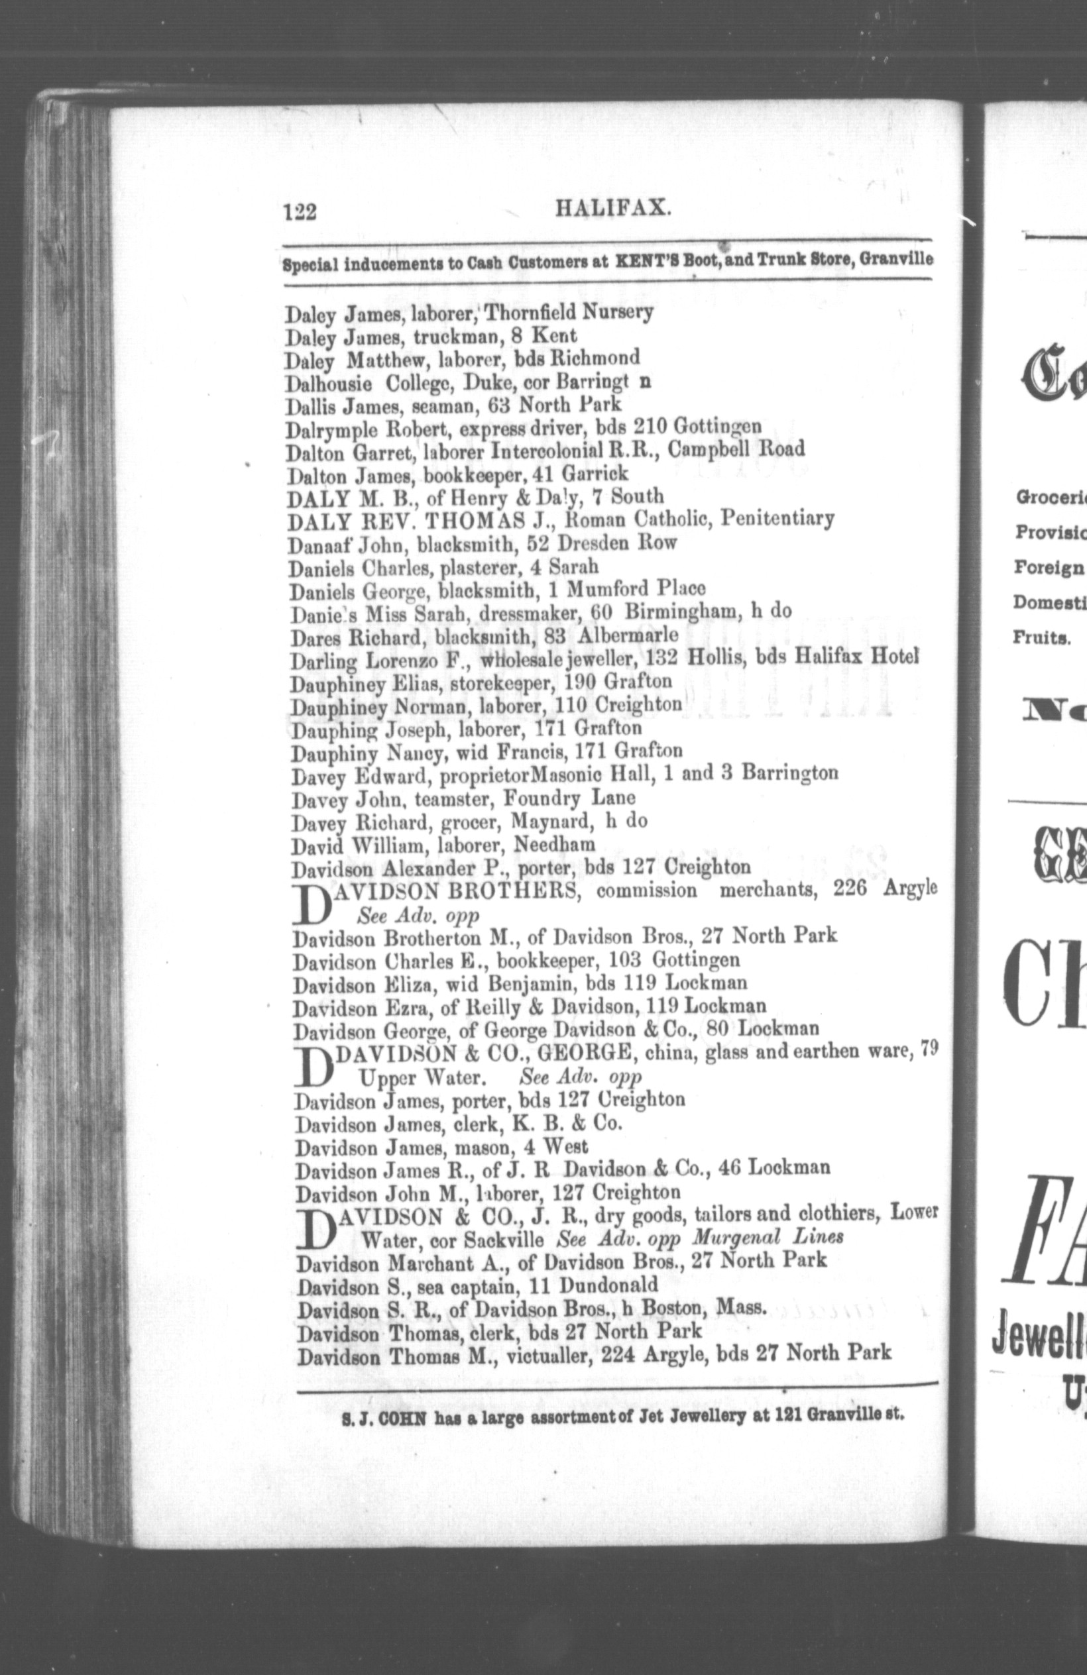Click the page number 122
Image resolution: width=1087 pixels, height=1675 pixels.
tap(299, 212)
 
